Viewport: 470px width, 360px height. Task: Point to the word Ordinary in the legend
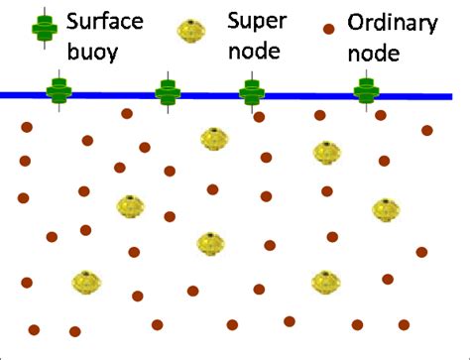click(387, 20)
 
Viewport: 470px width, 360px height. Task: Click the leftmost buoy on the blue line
click(59, 93)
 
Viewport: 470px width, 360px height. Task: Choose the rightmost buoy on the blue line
click(367, 93)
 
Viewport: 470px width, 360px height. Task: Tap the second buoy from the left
click(168, 93)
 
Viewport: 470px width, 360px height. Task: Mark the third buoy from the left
click(251, 93)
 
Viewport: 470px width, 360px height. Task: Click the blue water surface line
click(297, 96)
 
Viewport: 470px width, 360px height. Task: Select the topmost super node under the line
click(212, 138)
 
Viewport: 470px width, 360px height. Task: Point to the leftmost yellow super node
click(87, 284)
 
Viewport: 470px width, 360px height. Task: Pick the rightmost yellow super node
click(386, 210)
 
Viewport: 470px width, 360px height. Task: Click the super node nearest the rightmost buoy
click(326, 152)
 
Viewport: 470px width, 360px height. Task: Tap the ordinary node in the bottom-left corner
click(35, 329)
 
